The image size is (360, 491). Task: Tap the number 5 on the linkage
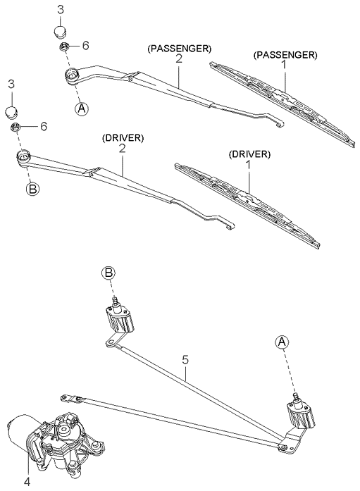(x=185, y=360)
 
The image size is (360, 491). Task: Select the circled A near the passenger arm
(x=82, y=108)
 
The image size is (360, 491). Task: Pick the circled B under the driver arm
(x=32, y=189)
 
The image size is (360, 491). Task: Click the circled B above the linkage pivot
(x=108, y=273)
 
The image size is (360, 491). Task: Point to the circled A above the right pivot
(x=282, y=342)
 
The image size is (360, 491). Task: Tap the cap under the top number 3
(x=61, y=32)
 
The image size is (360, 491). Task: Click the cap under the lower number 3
(x=12, y=112)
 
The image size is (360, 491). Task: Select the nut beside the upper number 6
(x=65, y=47)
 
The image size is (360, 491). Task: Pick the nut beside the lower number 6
(x=15, y=127)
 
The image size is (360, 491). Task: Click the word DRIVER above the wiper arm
(x=123, y=138)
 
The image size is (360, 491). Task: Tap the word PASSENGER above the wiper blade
(x=285, y=55)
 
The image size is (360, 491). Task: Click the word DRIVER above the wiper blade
(x=249, y=154)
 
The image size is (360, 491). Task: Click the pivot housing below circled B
(x=120, y=318)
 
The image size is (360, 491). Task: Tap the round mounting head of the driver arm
(x=23, y=156)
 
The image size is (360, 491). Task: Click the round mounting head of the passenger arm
(x=73, y=75)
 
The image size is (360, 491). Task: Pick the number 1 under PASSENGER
(x=284, y=65)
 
